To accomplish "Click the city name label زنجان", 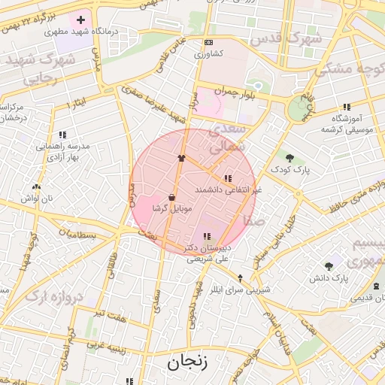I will (x=186, y=362).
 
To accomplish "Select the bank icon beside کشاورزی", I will (x=208, y=42).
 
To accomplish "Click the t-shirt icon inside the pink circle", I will (x=180, y=158).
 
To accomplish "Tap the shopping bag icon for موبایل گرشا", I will (x=172, y=197).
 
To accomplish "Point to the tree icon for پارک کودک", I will (x=290, y=158).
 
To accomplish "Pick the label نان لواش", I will (x=38, y=197).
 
